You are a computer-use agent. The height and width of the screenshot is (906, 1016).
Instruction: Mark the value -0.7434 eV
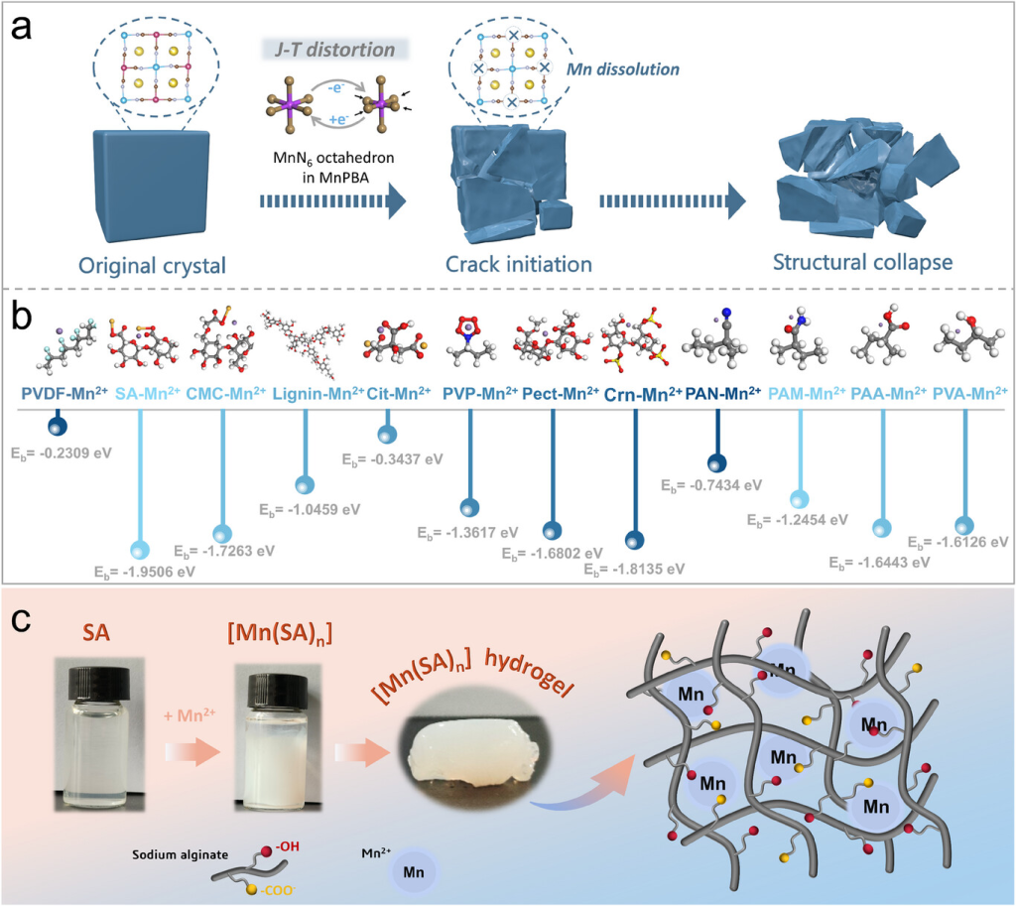click(710, 485)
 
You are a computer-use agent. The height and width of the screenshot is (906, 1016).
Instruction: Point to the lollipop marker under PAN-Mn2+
click(716, 462)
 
